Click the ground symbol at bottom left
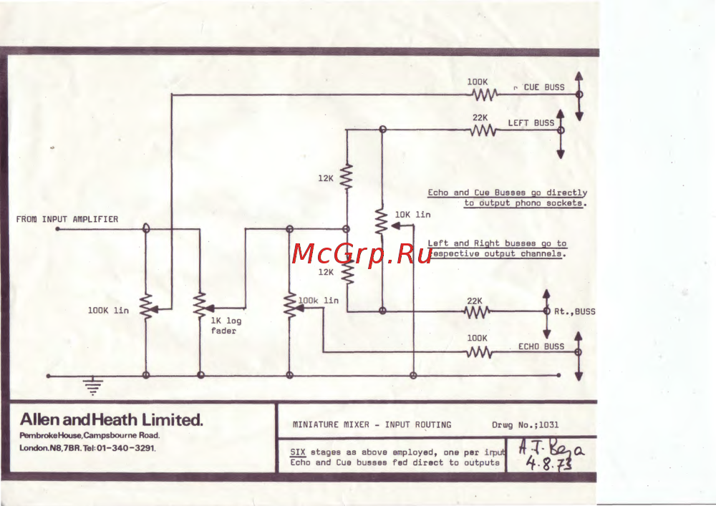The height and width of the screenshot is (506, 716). (x=92, y=387)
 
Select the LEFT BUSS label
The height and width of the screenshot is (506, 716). (x=531, y=123)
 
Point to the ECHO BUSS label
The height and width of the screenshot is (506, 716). (x=541, y=346)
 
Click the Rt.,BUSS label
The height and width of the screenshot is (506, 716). (x=575, y=311)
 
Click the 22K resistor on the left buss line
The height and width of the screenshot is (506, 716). (x=483, y=130)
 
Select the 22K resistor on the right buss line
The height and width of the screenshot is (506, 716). (x=478, y=311)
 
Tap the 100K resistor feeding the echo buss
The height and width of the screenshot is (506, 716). (x=480, y=352)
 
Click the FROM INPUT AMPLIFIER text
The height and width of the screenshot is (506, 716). (x=67, y=219)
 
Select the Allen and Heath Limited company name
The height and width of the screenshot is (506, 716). (x=112, y=420)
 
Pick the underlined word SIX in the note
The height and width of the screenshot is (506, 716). (x=298, y=452)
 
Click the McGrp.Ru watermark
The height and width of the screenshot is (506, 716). (x=362, y=254)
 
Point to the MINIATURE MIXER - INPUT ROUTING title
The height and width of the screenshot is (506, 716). (x=372, y=424)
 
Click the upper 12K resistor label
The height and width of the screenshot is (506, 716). (x=326, y=179)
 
